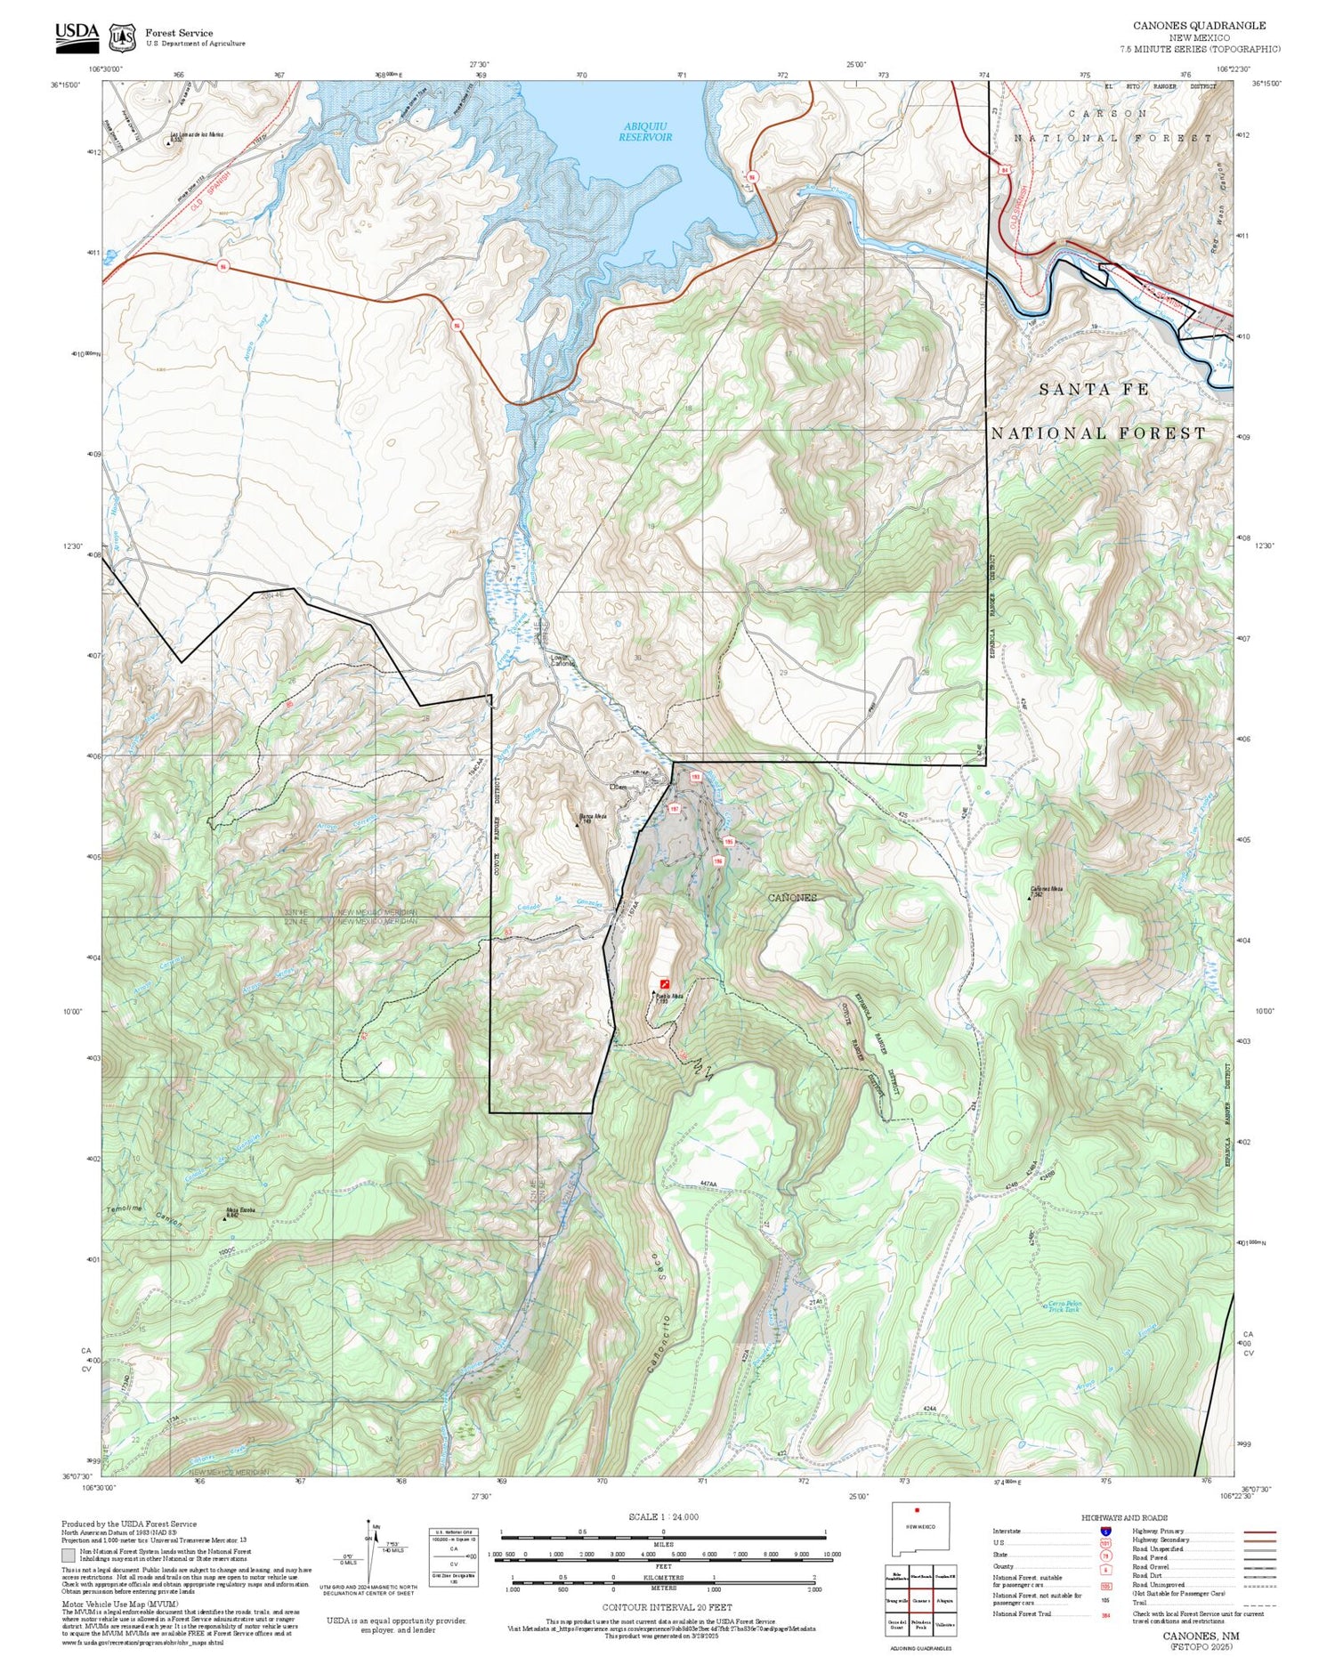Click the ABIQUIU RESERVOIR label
click(645, 132)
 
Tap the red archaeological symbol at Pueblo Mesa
click(665, 983)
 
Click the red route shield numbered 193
click(696, 776)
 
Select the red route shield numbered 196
click(717, 861)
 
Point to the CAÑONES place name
click(792, 897)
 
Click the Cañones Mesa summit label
click(1047, 889)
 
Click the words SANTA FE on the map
click(1094, 390)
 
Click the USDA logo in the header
click(77, 34)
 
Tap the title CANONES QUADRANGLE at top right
click(1199, 25)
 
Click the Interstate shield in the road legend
click(1104, 1531)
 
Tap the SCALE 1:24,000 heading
click(663, 1516)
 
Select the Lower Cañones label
click(562, 661)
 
